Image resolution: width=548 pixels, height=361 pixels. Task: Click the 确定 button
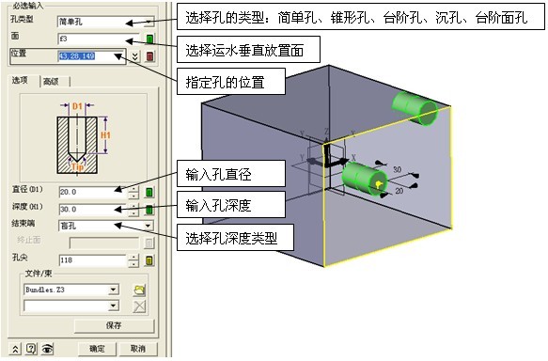click(96, 349)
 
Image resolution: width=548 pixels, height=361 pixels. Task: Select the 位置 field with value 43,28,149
click(90, 56)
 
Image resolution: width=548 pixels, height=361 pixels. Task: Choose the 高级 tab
click(51, 82)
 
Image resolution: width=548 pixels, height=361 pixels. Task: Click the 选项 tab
click(20, 82)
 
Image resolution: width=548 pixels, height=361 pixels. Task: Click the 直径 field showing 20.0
click(90, 192)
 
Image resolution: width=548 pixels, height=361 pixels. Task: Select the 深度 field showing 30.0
click(90, 209)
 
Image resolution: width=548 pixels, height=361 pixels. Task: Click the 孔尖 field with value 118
click(90, 259)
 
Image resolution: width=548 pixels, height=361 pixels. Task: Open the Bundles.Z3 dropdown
click(71, 290)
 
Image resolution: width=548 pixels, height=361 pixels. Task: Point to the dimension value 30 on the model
click(398, 170)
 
